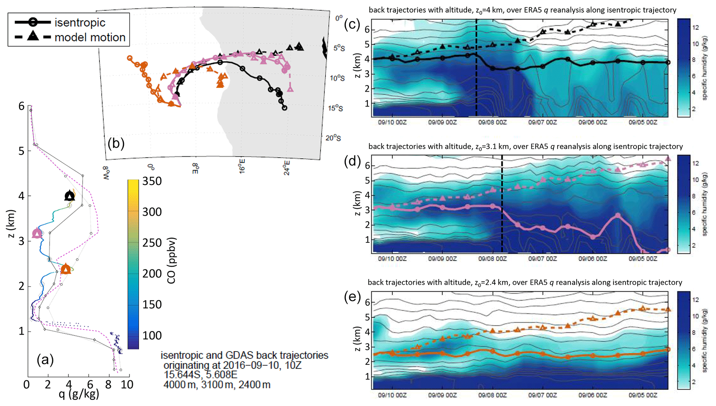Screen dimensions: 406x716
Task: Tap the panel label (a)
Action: (x=45, y=360)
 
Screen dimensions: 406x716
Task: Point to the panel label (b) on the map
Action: (x=116, y=143)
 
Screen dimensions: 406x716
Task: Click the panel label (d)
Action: (x=352, y=161)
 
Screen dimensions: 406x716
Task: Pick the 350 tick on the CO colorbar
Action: (x=152, y=181)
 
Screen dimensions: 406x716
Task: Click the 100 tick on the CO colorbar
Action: (x=152, y=335)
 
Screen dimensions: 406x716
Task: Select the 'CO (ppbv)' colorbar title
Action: (x=171, y=261)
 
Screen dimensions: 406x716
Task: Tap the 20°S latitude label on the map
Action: (x=333, y=138)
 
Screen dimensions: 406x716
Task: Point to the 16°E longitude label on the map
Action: (x=242, y=166)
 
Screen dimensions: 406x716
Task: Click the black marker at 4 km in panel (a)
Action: (x=70, y=196)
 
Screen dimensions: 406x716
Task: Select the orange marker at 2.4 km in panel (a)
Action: (x=66, y=269)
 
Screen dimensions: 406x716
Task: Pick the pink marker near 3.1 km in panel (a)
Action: (x=37, y=233)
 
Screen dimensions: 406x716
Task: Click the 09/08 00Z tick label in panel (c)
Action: (x=492, y=122)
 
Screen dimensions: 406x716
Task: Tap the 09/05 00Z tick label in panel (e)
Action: (x=643, y=395)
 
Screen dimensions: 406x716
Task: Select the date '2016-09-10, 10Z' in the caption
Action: (x=262, y=365)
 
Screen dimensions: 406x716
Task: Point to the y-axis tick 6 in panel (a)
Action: (x=21, y=106)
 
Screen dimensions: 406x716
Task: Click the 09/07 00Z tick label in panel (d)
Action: (x=542, y=259)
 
